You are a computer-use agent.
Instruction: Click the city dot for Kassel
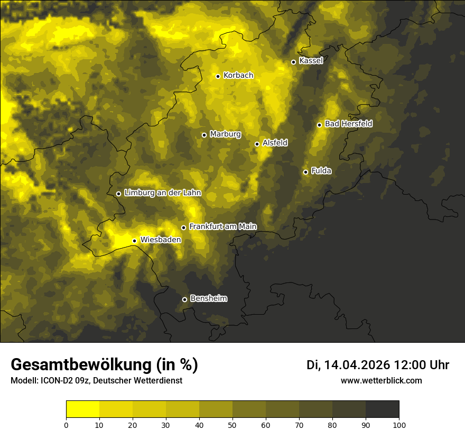click(x=293, y=62)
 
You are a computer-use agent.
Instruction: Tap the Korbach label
click(x=238, y=76)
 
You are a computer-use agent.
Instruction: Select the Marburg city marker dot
click(x=204, y=135)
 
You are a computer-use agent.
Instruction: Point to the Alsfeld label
click(x=275, y=143)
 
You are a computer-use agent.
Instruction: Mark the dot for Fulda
click(x=305, y=172)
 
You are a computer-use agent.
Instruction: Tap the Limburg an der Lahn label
click(x=162, y=193)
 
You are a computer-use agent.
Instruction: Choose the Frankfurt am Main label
click(x=222, y=226)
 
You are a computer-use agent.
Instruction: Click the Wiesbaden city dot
click(x=134, y=241)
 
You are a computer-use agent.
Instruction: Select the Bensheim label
click(x=208, y=298)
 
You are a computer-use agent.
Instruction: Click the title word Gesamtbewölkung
click(x=81, y=364)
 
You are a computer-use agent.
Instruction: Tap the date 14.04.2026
click(x=357, y=365)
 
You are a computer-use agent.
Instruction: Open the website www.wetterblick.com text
click(x=381, y=380)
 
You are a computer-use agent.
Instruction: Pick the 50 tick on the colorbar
click(x=232, y=425)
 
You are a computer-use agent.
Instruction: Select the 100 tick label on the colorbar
click(x=399, y=425)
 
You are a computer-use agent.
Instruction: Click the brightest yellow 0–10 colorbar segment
click(x=82, y=409)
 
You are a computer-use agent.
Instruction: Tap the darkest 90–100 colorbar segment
click(x=382, y=409)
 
